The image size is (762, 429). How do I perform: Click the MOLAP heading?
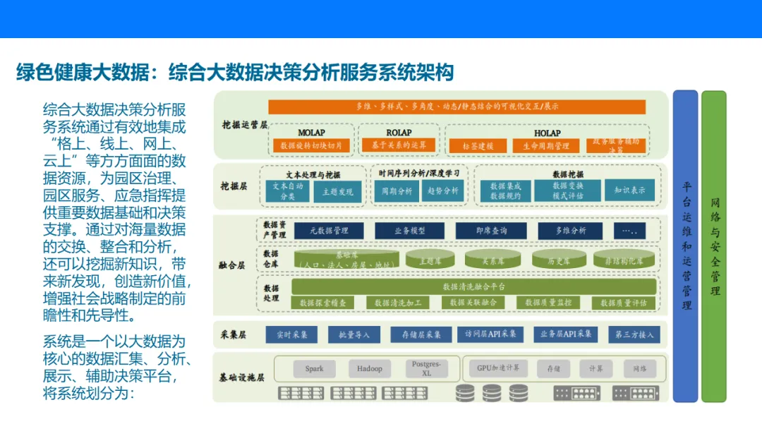(311, 133)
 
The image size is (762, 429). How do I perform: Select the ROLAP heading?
(399, 133)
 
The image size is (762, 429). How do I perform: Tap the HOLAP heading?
(547, 133)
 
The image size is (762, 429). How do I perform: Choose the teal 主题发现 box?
(337, 191)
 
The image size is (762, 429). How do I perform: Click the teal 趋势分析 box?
(442, 191)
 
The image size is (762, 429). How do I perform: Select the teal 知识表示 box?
(629, 191)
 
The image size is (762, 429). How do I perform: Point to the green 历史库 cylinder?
(560, 260)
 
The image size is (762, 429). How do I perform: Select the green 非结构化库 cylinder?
(624, 260)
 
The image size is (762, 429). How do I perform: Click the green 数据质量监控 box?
(548, 303)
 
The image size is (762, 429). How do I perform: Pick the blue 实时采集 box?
(291, 334)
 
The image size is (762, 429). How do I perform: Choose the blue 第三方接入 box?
(634, 334)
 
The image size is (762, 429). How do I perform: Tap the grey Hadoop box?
(369, 368)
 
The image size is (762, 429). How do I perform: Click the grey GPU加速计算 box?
(498, 368)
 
